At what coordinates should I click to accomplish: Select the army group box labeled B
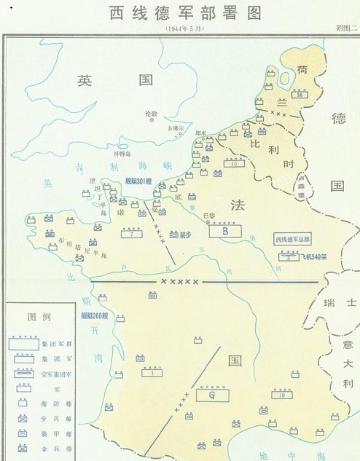(225, 232)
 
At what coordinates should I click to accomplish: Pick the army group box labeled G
(212, 395)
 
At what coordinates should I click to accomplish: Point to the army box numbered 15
(233, 164)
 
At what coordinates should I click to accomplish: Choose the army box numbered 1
(152, 373)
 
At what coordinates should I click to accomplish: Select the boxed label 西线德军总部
(292, 239)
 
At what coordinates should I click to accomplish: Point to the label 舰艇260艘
(95, 315)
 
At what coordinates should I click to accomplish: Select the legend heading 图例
(37, 318)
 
